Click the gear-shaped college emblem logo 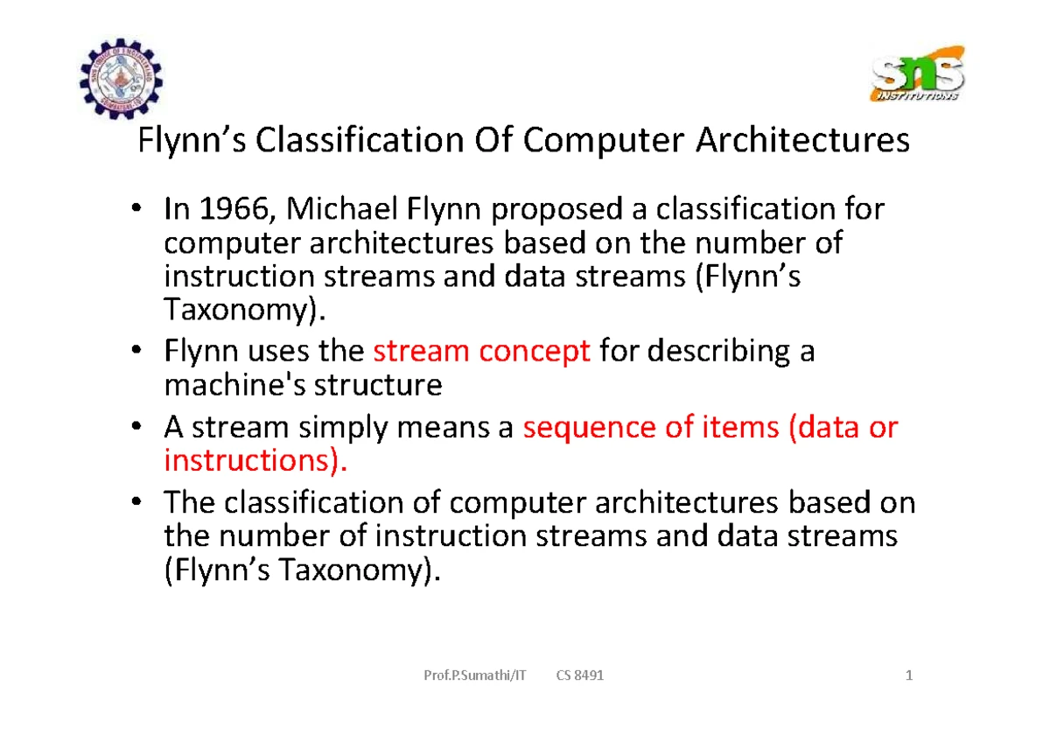(x=122, y=78)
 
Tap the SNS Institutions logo (x=917, y=73)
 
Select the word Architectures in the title (x=802, y=140)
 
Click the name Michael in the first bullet (x=342, y=208)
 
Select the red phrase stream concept (x=481, y=352)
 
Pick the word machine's (x=234, y=385)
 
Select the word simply (x=343, y=429)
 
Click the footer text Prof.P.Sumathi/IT (x=475, y=675)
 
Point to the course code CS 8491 (x=580, y=675)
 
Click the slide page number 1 (x=909, y=675)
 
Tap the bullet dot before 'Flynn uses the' (x=136, y=350)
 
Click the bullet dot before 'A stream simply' (x=136, y=426)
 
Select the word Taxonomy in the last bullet (x=351, y=570)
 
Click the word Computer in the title (x=604, y=141)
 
